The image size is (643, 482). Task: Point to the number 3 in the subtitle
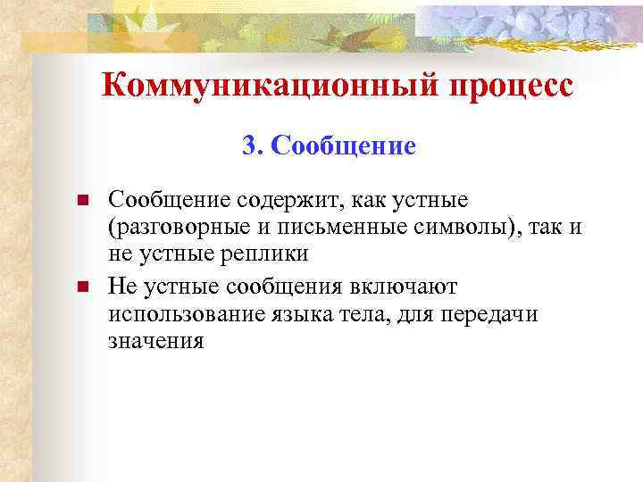(x=249, y=145)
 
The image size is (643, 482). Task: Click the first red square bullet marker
(x=81, y=199)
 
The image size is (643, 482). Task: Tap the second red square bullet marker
(x=81, y=287)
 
